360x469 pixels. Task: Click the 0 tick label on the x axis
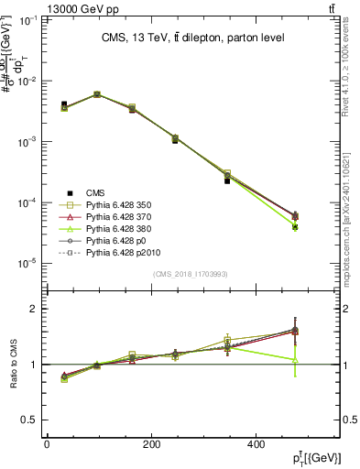[47, 442]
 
